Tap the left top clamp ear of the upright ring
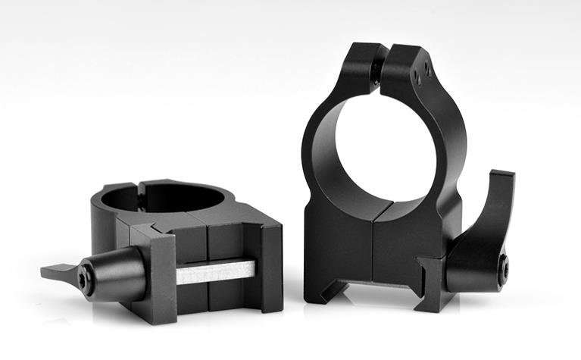pos(361,64)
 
